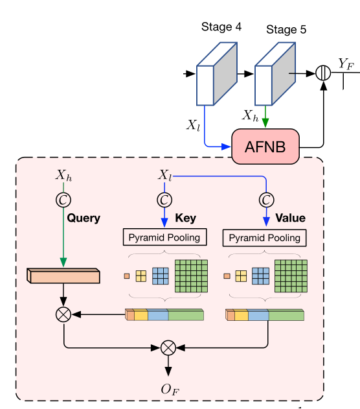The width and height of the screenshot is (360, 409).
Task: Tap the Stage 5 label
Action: [x=285, y=30]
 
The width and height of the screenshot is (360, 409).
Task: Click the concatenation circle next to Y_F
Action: [x=323, y=74]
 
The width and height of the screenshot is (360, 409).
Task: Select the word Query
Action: [x=84, y=218]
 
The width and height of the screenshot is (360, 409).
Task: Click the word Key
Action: [x=185, y=218]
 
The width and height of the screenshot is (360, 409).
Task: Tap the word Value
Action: [x=290, y=218]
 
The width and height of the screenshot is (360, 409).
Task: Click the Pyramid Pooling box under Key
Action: [x=164, y=238]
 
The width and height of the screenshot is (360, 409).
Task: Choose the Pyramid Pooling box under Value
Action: [x=264, y=238]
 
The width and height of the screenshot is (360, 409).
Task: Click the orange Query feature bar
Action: [x=63, y=276]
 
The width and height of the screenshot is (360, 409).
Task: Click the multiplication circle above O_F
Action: [x=168, y=347]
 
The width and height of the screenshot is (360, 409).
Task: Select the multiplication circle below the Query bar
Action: [x=63, y=314]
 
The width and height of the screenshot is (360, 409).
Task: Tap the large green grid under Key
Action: [x=192, y=275]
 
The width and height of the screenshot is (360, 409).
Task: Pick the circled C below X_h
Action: [x=63, y=198]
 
